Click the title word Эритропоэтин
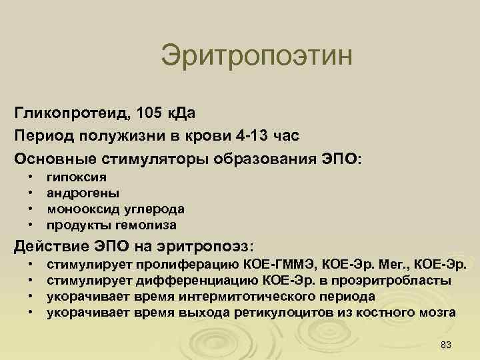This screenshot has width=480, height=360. [x=256, y=55]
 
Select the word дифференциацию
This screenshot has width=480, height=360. [x=206, y=281]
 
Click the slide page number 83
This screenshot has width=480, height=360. [x=447, y=343]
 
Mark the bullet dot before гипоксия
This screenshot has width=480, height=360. [x=30, y=178]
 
